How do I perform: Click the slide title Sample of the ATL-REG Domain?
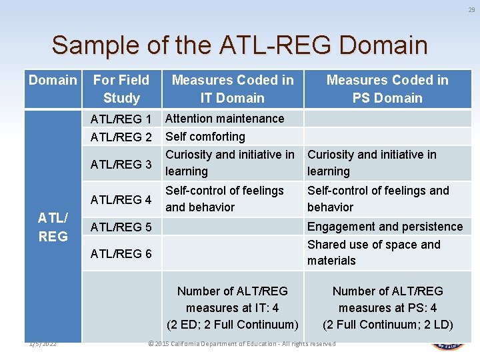[x=239, y=45]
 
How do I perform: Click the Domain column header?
[x=53, y=81]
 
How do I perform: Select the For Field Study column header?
[x=121, y=89]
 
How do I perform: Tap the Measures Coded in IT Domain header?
[x=233, y=89]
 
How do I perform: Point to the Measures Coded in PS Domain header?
[x=387, y=89]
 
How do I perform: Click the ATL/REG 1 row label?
[x=121, y=119]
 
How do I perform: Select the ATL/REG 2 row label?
[x=121, y=137]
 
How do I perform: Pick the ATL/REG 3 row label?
[x=121, y=164]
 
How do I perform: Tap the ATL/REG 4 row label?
[x=121, y=199]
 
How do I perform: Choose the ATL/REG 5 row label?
[x=121, y=227]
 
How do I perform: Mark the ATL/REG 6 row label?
[x=121, y=253]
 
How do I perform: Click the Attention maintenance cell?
[x=225, y=119]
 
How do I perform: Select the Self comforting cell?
[x=205, y=137]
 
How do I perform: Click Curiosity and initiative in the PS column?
[x=372, y=163]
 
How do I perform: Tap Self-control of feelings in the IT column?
[x=225, y=199]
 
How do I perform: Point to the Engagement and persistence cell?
[x=385, y=227]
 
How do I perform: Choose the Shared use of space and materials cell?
[x=374, y=253]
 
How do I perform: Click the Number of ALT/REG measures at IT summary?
[x=233, y=307]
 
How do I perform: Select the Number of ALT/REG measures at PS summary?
[x=387, y=307]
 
